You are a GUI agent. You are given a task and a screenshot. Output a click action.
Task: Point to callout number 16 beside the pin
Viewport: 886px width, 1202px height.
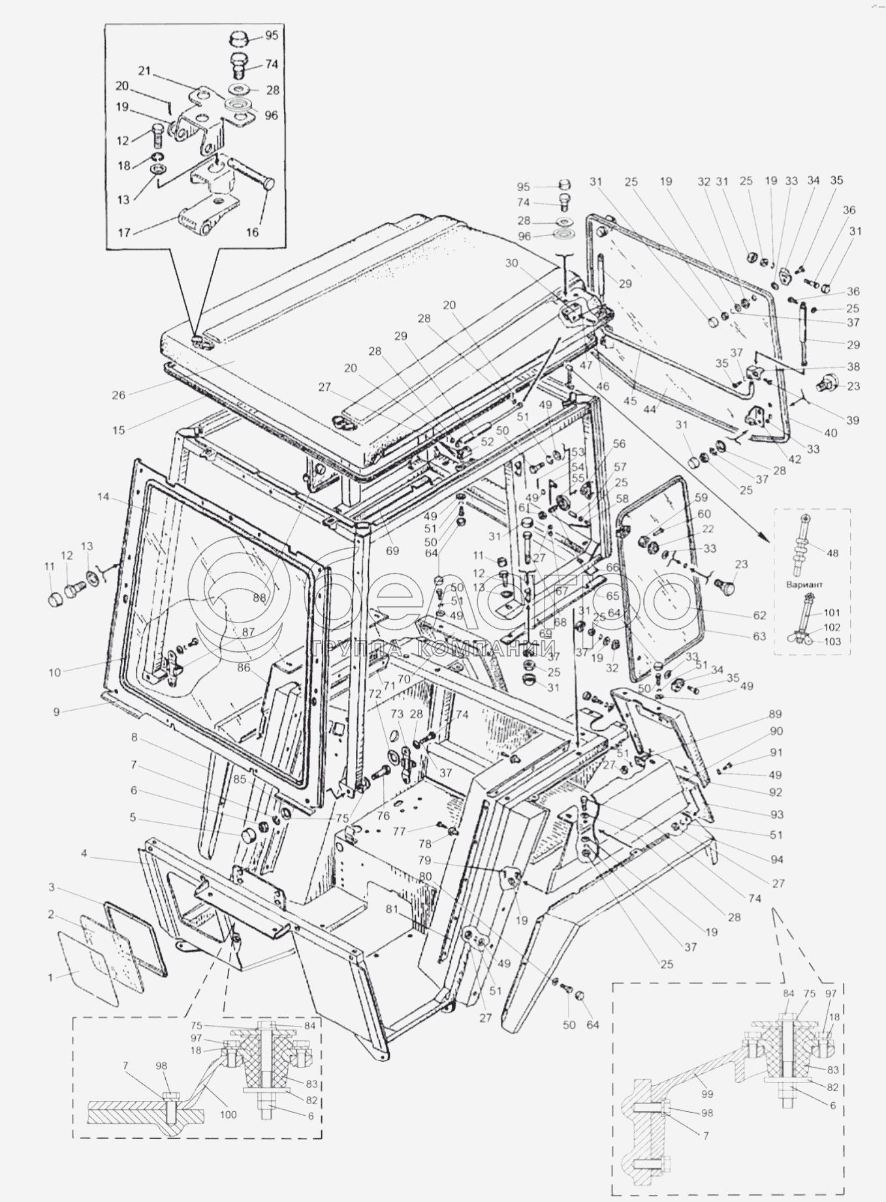[253, 232]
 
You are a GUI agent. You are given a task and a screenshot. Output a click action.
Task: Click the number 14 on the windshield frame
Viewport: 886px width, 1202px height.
[103, 497]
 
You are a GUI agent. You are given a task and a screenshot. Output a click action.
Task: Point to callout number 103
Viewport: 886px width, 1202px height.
[832, 641]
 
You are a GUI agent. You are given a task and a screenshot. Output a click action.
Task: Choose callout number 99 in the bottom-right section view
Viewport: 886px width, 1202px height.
[707, 1094]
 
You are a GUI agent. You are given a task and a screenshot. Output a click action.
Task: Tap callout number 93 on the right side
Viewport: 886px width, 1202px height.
[776, 814]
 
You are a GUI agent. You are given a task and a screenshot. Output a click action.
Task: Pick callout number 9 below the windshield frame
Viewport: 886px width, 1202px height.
[57, 712]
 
